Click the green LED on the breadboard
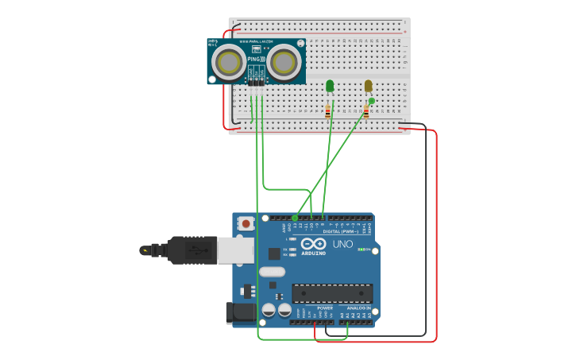(x=330, y=85)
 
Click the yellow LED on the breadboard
(x=368, y=85)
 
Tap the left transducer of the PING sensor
(x=229, y=61)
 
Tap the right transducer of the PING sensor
(x=283, y=61)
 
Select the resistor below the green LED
(x=328, y=111)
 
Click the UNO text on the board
(x=342, y=245)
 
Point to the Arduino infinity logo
(x=314, y=244)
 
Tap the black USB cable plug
(x=191, y=250)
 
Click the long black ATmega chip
(x=332, y=293)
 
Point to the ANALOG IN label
(x=358, y=308)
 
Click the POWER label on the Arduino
(x=325, y=308)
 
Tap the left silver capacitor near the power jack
(x=269, y=309)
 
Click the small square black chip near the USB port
(x=274, y=254)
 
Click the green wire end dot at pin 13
(x=295, y=218)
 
